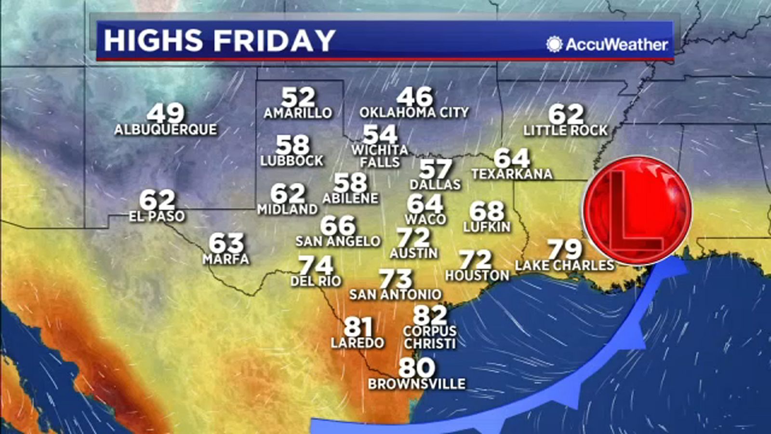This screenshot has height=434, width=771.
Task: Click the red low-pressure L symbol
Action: click(637, 210)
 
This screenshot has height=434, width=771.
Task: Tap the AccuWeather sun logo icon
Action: click(555, 44)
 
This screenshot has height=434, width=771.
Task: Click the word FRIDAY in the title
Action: click(274, 40)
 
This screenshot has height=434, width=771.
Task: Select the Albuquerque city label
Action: click(166, 130)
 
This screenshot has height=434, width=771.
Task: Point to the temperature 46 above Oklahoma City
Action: click(415, 97)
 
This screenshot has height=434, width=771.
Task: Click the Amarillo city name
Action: click(298, 113)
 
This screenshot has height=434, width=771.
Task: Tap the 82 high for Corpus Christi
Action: click(430, 316)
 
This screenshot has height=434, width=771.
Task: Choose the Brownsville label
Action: click(417, 384)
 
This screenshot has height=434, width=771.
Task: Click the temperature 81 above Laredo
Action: click(358, 327)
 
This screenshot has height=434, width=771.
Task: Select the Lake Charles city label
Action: click(564, 265)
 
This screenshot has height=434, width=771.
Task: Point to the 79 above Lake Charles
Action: click(565, 249)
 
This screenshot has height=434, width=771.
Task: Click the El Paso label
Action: click(157, 216)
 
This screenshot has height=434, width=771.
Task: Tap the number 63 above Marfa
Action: click(226, 244)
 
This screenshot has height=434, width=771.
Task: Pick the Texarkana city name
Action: click(512, 174)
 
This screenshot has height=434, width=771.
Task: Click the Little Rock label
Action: click(566, 130)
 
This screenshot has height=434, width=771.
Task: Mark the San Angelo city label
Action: click(338, 241)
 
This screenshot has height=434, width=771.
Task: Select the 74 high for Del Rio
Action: click(316, 266)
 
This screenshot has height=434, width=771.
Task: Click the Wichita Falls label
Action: click(380, 156)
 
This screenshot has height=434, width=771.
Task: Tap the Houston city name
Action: click(477, 275)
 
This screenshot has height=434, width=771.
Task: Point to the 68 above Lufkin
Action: click(487, 211)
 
